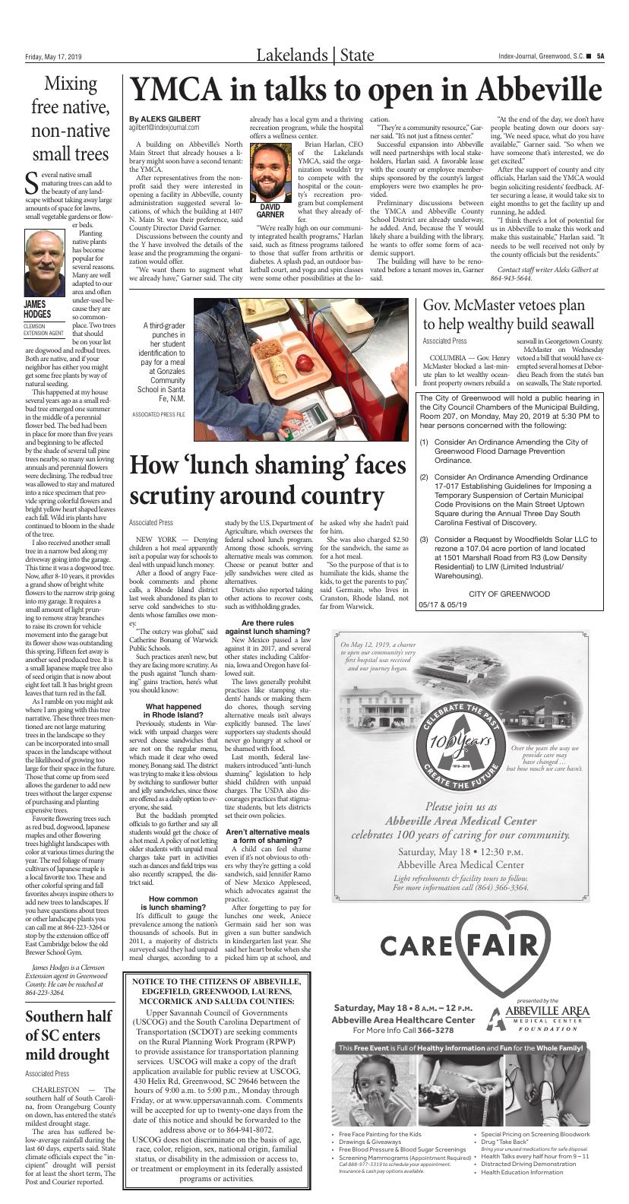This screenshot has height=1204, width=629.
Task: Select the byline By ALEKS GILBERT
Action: (x=165, y=119)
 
